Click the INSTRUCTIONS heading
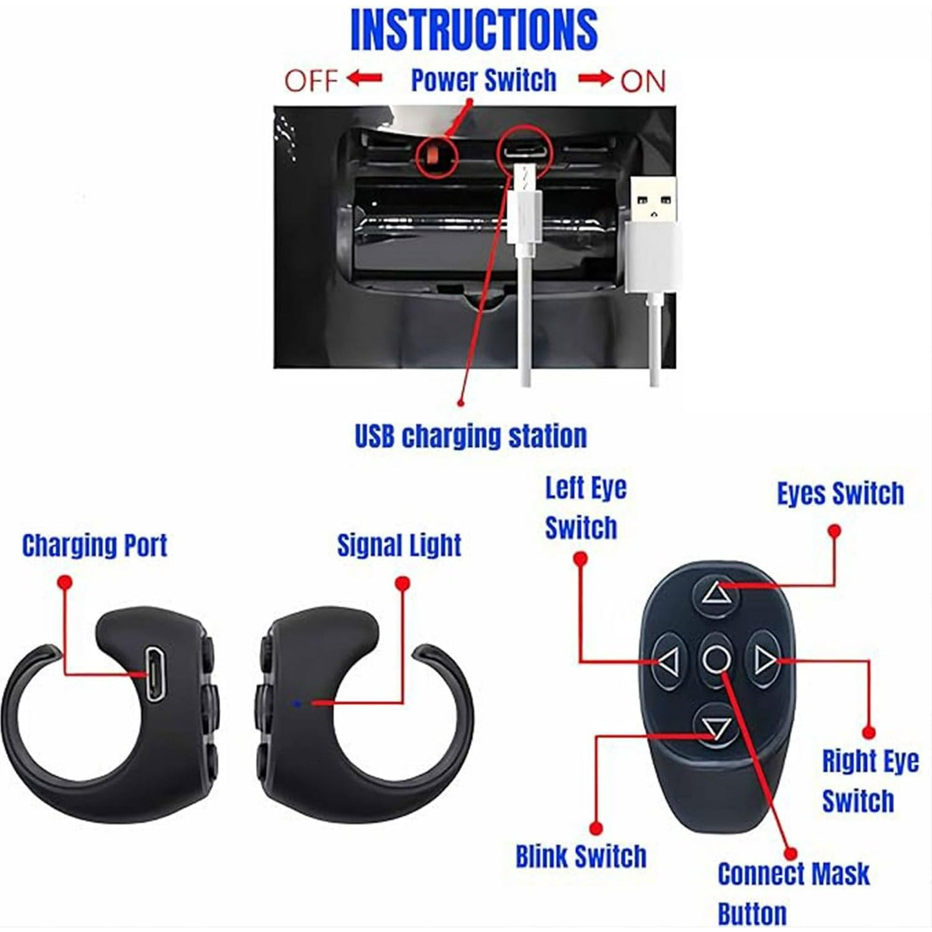click(x=473, y=30)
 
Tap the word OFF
click(x=311, y=81)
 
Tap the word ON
click(x=642, y=81)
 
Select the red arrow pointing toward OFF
click(x=364, y=79)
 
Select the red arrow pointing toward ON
click(x=595, y=79)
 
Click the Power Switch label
click(x=484, y=81)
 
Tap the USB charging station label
click(x=471, y=437)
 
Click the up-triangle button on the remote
click(x=717, y=593)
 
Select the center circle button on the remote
click(x=716, y=660)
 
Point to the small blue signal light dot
click(x=296, y=703)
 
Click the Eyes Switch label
click(x=840, y=494)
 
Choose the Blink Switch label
click(x=580, y=857)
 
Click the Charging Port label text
click(x=95, y=546)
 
